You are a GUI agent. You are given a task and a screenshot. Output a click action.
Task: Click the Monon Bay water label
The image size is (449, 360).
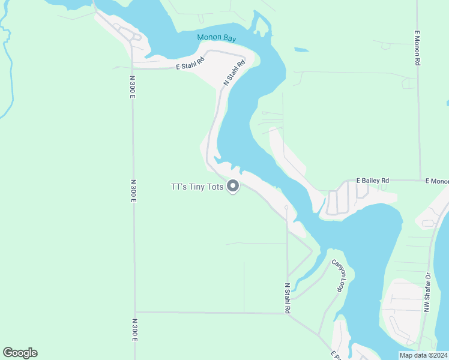coord(217,38)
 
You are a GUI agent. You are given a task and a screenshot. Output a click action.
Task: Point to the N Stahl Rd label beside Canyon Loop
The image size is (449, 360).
coord(288,298)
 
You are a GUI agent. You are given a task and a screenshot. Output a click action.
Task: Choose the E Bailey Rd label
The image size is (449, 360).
coord(373,180)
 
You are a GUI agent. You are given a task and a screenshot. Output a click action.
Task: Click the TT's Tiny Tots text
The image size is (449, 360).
coord(197,187)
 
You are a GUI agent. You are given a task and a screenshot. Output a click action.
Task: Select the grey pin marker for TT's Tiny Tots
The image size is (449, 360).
coord(234,187)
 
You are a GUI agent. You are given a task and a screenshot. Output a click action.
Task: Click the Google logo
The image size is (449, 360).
coord(20,353)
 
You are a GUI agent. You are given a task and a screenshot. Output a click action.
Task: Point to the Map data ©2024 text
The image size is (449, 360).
coord(423,355)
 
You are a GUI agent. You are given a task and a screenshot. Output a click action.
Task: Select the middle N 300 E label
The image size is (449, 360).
coord(133,191)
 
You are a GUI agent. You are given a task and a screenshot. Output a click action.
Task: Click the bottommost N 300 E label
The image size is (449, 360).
coord(134,329)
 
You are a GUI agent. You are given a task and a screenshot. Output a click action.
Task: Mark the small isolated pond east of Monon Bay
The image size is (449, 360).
coord(301,50)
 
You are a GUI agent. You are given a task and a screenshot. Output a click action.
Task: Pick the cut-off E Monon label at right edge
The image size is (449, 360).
coord(437,181)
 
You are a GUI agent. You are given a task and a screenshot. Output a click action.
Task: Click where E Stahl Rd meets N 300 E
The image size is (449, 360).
coord(133,69)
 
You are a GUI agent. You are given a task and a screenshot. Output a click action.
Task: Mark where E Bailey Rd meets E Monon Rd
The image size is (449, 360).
coord(419,180)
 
